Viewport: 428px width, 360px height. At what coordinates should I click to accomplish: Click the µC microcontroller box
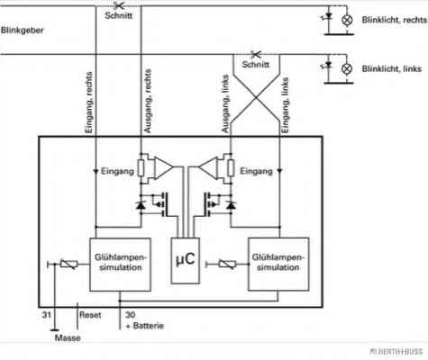pyautogui.click(x=185, y=260)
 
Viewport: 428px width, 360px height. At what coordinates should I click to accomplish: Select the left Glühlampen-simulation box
pyautogui.click(x=120, y=265)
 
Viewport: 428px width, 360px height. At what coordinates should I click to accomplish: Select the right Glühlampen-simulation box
pyautogui.click(x=278, y=265)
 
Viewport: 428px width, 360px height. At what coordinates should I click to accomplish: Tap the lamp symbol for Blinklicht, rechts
pyautogui.click(x=347, y=20)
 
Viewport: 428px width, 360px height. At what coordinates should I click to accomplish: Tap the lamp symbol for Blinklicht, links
pyautogui.click(x=347, y=69)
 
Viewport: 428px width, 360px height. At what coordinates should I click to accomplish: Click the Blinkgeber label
pyautogui.click(x=22, y=31)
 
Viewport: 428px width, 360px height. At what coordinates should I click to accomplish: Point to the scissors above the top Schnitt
pyautogui.click(x=119, y=5)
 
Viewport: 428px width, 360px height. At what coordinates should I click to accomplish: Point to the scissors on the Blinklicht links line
pyautogui.click(x=256, y=54)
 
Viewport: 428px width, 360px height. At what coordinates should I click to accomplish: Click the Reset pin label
pyautogui.click(x=90, y=315)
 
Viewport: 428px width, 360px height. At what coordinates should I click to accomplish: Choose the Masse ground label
pyautogui.click(x=68, y=337)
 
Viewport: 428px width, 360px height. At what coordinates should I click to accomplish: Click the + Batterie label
pyautogui.click(x=145, y=326)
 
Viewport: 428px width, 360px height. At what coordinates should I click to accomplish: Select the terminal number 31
pyautogui.click(x=47, y=315)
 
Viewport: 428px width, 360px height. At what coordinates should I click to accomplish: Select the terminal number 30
pyautogui.click(x=131, y=315)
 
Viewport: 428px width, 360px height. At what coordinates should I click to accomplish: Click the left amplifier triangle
pyautogui.click(x=163, y=167)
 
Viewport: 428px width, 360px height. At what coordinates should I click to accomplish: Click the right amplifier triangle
pyautogui.click(x=208, y=167)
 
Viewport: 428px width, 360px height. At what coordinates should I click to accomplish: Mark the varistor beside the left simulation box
pyautogui.click(x=69, y=264)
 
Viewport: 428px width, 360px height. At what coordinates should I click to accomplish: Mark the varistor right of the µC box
pyautogui.click(x=227, y=264)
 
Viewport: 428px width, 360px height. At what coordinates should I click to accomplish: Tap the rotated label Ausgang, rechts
pyautogui.click(x=148, y=101)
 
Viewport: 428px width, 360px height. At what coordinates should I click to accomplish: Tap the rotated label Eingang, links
pyautogui.click(x=286, y=105)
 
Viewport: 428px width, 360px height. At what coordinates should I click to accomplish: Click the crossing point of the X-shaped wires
pyautogui.click(x=256, y=97)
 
